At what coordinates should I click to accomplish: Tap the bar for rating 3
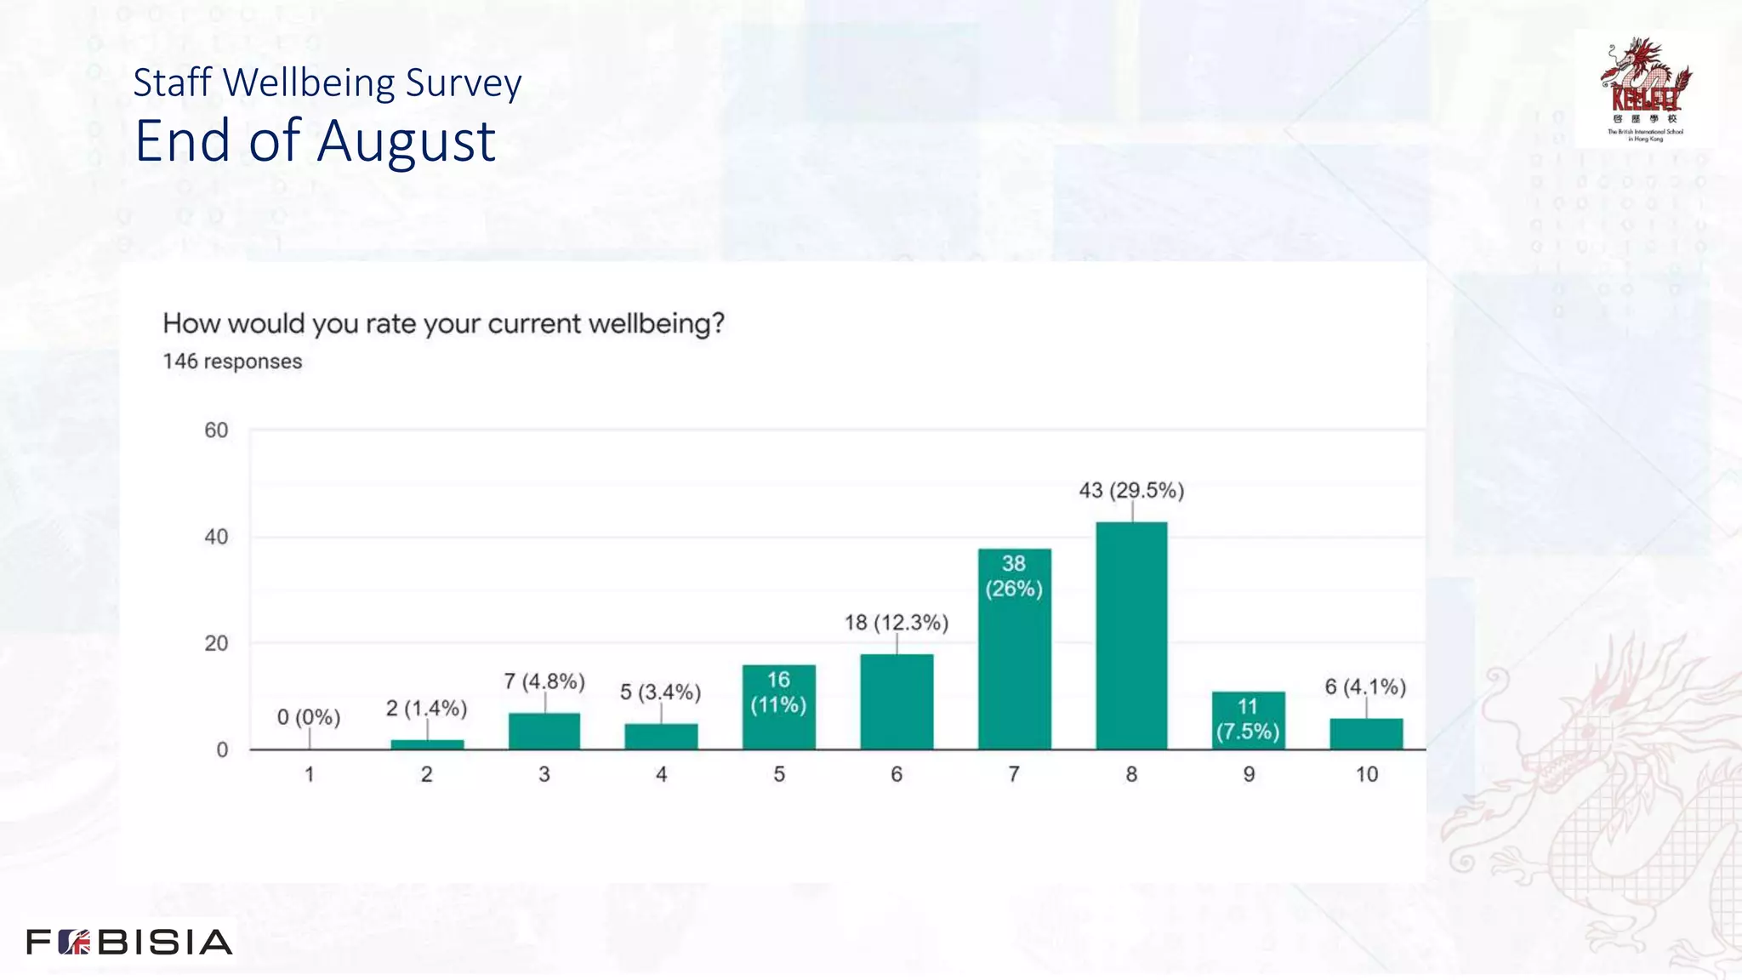544,732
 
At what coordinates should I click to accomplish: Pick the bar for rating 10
1366,734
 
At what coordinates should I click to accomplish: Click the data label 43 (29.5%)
1131,491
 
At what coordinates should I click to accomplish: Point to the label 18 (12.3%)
896,623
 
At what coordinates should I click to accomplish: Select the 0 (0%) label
309,717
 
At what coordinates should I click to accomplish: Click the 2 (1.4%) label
426,708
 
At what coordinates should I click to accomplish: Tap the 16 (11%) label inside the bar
778,692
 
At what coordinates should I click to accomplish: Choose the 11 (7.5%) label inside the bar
1248,719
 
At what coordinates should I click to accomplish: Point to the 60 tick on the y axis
216,430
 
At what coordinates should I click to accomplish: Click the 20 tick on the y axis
216,643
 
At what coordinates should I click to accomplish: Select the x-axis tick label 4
661,774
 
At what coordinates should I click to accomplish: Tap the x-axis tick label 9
1249,774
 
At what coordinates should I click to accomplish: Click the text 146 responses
232,362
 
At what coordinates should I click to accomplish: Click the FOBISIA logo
129,942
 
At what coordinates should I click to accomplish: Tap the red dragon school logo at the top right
1645,88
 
